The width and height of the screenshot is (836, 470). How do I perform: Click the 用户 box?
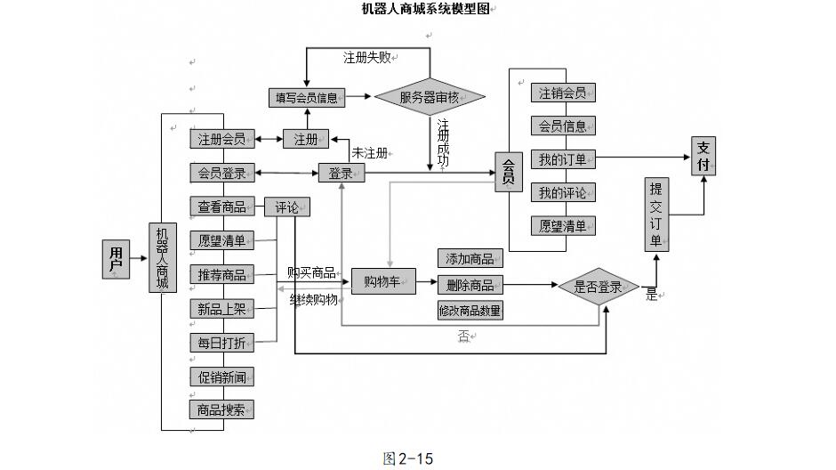coord(116,259)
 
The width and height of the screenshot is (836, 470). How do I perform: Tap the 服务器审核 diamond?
coord(430,97)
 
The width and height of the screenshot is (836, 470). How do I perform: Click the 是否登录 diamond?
coord(598,287)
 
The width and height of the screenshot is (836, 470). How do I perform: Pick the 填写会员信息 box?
coord(307,97)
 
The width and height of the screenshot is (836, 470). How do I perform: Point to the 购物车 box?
coord(382,281)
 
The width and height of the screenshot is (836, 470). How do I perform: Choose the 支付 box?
coord(703,156)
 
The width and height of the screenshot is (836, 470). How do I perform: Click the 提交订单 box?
coord(655,215)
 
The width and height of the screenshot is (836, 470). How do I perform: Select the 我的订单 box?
coord(562,159)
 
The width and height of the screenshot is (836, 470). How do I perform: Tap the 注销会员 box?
coord(562,93)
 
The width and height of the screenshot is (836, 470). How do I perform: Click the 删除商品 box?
coord(470,285)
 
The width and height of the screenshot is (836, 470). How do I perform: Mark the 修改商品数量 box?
coord(470,311)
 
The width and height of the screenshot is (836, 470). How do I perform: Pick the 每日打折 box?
coord(221,343)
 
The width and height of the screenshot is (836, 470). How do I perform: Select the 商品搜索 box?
coord(221,409)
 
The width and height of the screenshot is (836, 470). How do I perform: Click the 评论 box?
coord(286,207)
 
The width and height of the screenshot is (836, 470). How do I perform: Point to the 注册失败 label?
coord(367,57)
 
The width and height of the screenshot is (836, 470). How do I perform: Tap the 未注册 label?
coord(369,153)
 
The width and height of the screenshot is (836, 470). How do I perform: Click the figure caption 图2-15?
coord(407,458)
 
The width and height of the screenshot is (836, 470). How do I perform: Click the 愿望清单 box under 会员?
coord(562,226)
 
